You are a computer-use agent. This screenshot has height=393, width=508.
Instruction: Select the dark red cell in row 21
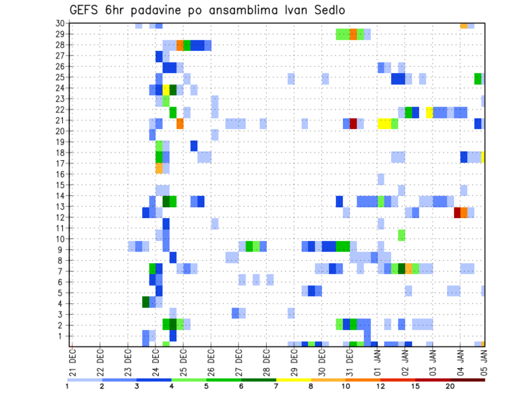click(353, 123)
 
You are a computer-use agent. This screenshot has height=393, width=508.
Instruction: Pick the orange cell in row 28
click(180, 45)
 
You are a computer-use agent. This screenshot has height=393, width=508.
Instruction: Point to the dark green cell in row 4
click(146, 302)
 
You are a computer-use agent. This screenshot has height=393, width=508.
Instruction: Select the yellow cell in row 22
click(430, 112)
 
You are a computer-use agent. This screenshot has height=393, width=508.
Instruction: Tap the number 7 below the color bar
click(276, 386)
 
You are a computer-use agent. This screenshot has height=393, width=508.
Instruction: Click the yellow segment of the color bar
click(293, 379)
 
